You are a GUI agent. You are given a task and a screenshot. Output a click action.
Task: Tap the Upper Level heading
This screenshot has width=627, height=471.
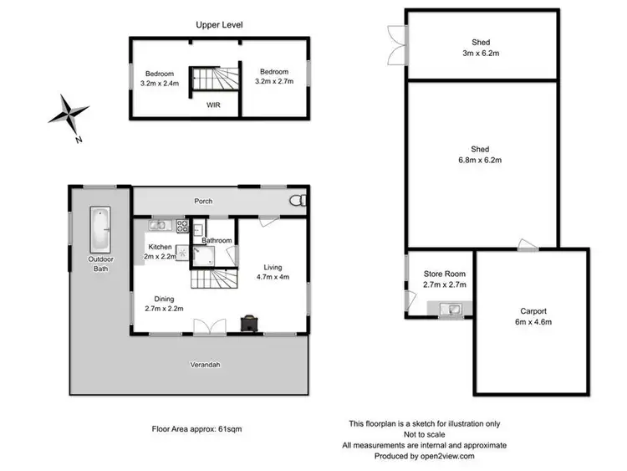[219, 25]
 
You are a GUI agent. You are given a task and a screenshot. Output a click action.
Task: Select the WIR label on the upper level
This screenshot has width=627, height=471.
[215, 105]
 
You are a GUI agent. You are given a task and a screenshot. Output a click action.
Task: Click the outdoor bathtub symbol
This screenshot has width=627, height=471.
[99, 228]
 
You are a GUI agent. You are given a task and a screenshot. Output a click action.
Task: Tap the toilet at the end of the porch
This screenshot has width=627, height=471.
[298, 201]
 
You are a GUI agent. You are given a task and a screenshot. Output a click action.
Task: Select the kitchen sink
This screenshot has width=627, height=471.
[160, 225]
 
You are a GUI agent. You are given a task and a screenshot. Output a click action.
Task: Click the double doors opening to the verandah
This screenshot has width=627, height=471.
[206, 325]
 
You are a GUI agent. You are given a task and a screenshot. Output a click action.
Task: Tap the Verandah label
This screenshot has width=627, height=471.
[219, 366]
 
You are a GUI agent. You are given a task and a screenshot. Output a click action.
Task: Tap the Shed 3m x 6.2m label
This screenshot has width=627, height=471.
[480, 48]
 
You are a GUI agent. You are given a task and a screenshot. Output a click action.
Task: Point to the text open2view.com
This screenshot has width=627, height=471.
[445, 457]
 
